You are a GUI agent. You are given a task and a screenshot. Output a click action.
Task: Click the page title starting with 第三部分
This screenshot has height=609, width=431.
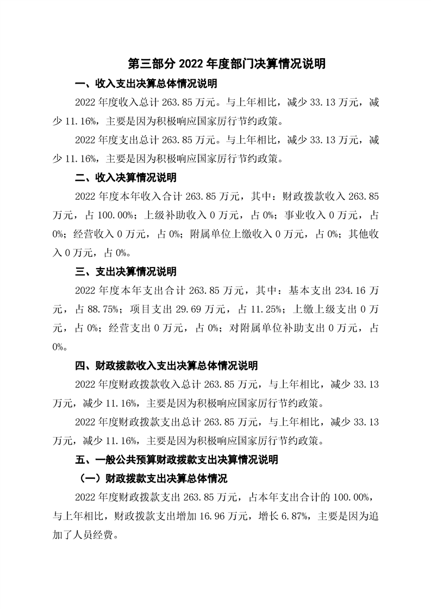[227, 64]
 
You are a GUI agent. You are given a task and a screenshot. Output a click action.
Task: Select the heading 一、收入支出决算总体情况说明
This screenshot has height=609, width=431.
[146, 84]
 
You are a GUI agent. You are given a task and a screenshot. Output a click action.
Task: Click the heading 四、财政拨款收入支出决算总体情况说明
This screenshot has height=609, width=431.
[166, 365]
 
